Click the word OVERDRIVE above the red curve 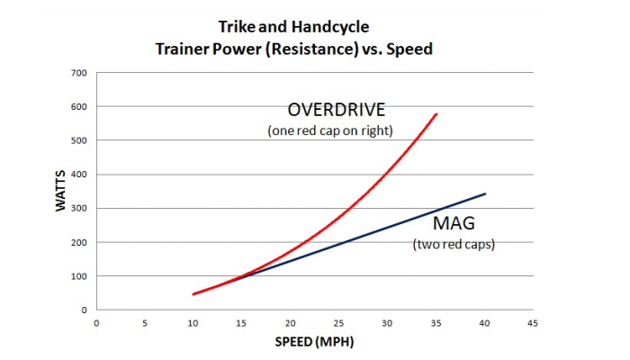click(x=336, y=111)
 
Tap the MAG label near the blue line click(x=452, y=222)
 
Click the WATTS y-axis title click(x=60, y=192)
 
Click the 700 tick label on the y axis click(x=79, y=72)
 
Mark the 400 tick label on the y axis click(x=79, y=175)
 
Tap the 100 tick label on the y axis click(x=79, y=276)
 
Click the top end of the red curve click(x=436, y=114)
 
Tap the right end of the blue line click(x=485, y=193)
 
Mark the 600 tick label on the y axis click(x=79, y=106)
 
